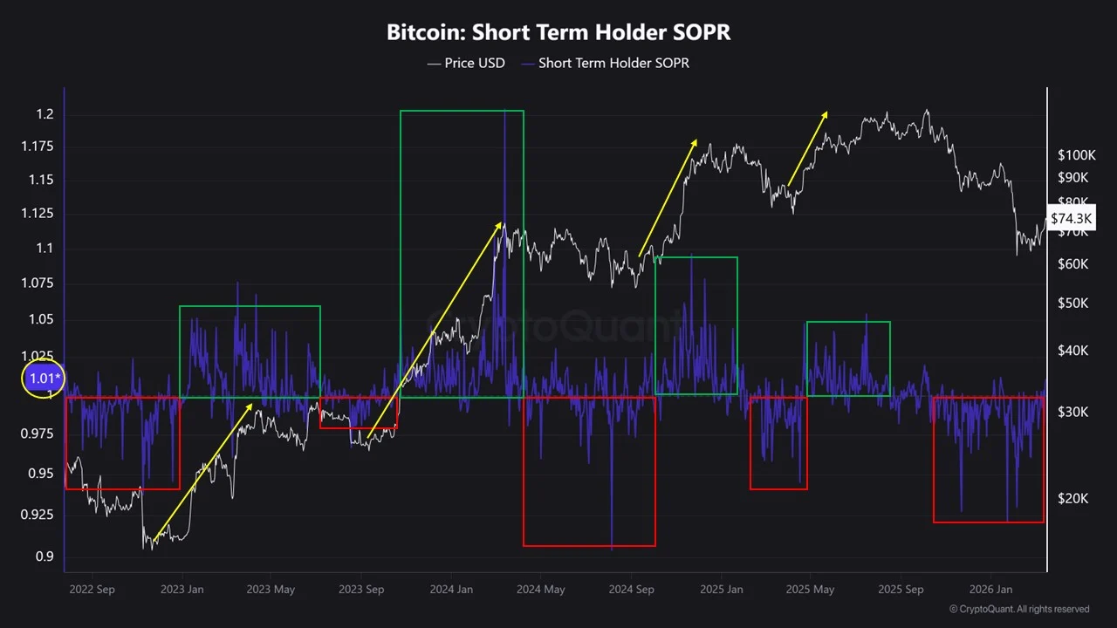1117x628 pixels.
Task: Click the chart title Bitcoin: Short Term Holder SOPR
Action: click(x=558, y=33)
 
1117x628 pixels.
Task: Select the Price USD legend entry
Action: click(x=466, y=63)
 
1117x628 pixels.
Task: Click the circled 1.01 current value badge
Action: click(x=44, y=379)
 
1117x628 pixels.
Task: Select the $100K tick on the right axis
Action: click(x=1076, y=155)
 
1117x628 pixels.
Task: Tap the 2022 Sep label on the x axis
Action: click(x=92, y=590)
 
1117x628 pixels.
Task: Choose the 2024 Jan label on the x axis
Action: click(x=451, y=590)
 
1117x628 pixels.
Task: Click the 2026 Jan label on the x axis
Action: click(x=992, y=590)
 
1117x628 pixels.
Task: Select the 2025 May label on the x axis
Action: click(x=812, y=590)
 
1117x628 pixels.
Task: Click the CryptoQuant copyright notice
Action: click(x=1018, y=609)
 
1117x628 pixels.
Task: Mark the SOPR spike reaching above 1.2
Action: click(x=505, y=113)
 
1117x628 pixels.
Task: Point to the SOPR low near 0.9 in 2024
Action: click(x=612, y=546)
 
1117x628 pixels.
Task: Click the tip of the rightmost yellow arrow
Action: click(x=826, y=112)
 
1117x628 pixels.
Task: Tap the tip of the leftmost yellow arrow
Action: click(x=252, y=404)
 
